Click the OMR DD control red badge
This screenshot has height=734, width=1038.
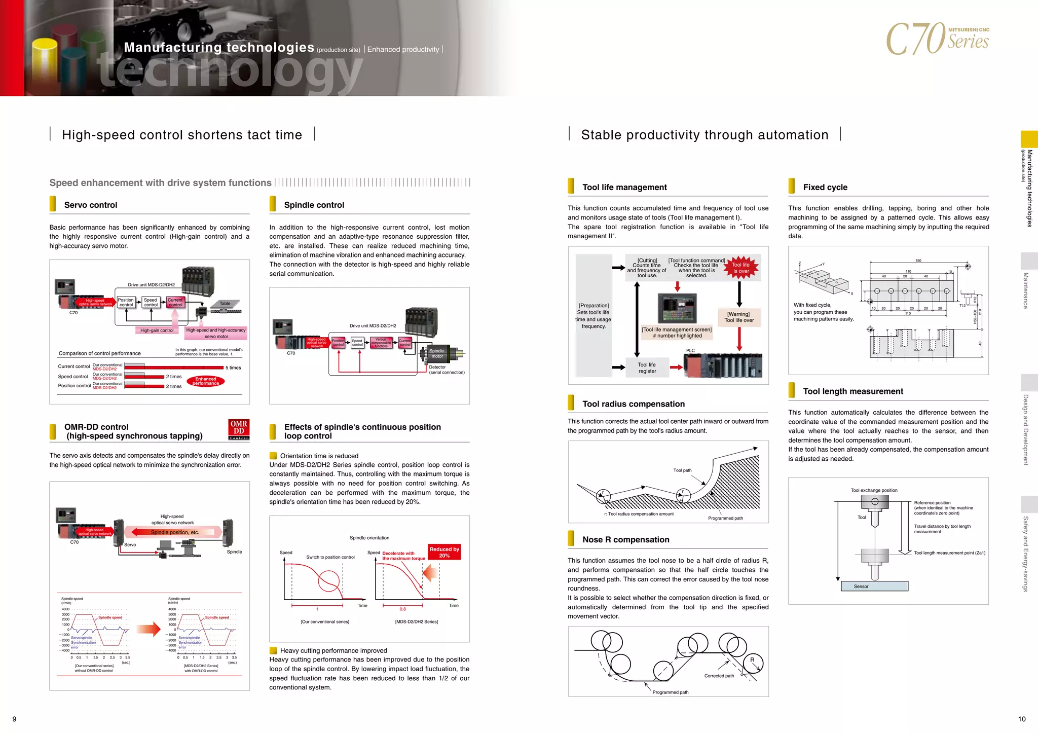click(x=239, y=430)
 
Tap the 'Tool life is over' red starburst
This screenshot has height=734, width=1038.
click(x=740, y=268)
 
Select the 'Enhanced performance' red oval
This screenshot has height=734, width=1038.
click(x=206, y=381)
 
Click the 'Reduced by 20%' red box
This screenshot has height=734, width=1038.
click(x=444, y=553)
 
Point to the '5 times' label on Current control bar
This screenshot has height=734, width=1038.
click(x=233, y=368)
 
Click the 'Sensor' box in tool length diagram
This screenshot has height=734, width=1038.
click(x=874, y=586)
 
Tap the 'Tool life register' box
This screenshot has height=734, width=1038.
click(x=647, y=368)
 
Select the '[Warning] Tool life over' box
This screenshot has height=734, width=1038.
click(x=738, y=317)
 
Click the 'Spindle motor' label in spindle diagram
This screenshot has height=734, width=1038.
click(x=436, y=353)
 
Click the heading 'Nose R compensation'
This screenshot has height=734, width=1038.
click(x=625, y=540)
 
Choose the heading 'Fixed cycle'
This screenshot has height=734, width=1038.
click(x=825, y=188)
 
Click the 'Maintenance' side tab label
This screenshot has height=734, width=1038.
click(x=1026, y=290)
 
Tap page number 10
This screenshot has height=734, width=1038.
click(x=1021, y=719)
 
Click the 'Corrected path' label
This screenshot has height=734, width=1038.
click(x=719, y=676)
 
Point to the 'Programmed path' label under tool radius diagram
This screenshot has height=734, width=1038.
click(x=725, y=518)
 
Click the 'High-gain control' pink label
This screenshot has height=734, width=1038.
click(x=157, y=331)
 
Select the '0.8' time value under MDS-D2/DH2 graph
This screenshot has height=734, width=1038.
click(x=402, y=609)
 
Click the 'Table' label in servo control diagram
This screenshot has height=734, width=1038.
click(x=225, y=304)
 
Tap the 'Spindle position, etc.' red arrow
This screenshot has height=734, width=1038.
click(x=174, y=532)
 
